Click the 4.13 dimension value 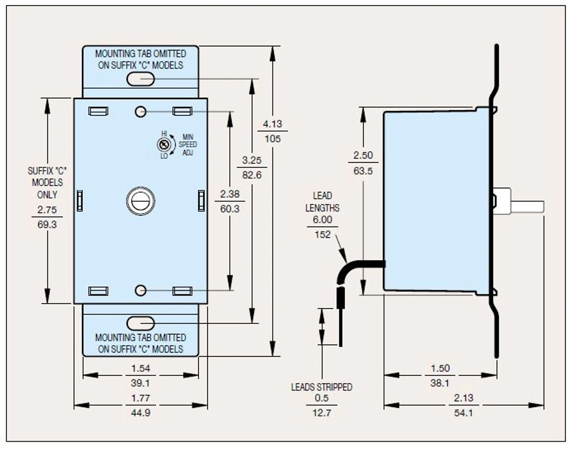pos(273,124)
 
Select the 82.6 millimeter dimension pos(252,175)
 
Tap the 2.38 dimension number pos(230,194)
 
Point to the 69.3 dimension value pos(47,224)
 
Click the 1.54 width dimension pos(141,368)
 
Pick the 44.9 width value pos(141,413)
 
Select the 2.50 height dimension pos(363,155)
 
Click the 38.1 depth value pos(440,383)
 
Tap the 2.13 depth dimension pos(463,398)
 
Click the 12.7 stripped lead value pos(321,413)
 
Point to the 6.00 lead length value pos(322,220)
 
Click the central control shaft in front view pos(141,201)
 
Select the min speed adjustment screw pos(164,145)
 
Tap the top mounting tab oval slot pos(141,79)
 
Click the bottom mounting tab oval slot pos(141,323)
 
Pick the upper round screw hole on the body pos(141,112)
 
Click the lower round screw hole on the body pos(141,290)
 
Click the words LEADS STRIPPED pos(321,387)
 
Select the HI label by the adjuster pos(164,134)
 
